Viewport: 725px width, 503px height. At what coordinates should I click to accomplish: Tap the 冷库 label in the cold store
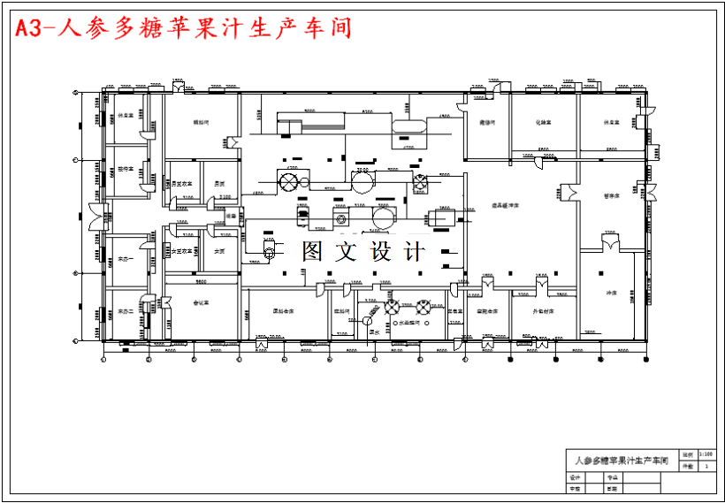611,293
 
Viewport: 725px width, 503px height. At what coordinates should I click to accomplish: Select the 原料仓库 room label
284,312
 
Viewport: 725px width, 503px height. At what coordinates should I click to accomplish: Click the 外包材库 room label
543,312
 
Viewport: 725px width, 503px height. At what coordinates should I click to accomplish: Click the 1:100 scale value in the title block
705,454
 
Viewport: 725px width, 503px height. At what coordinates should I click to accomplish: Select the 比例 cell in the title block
687,454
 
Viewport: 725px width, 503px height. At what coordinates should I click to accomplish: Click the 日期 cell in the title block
611,488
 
